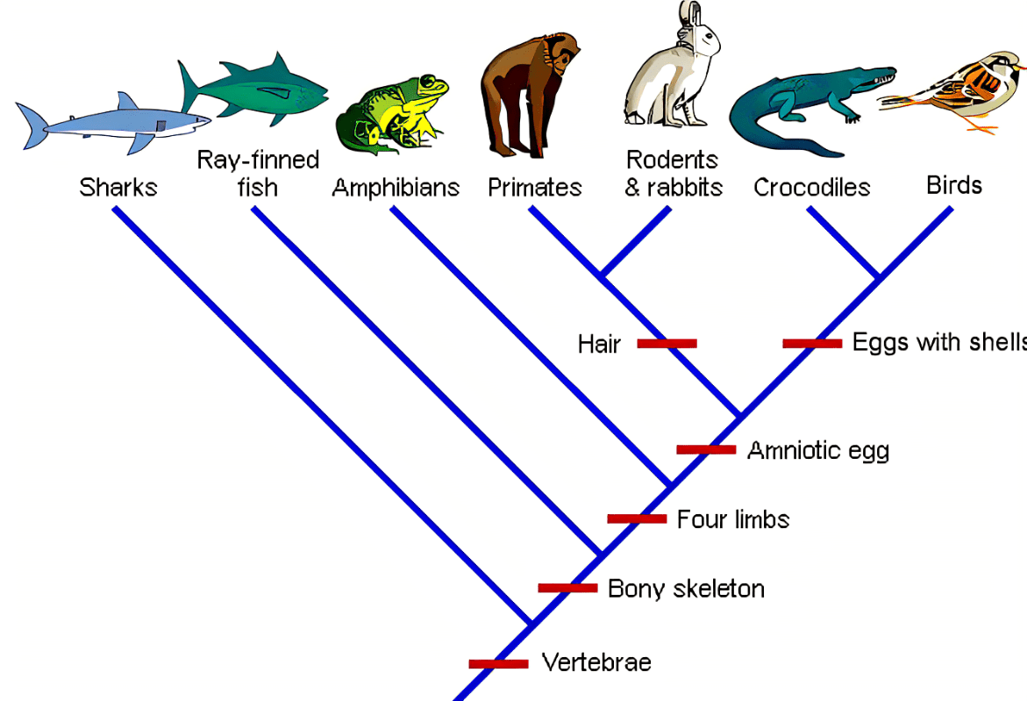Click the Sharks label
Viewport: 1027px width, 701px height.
tap(118, 188)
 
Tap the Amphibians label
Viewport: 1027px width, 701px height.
tap(396, 188)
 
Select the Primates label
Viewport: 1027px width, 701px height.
tap(534, 188)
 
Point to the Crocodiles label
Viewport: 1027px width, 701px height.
tap(811, 188)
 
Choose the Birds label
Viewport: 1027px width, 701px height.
tap(954, 185)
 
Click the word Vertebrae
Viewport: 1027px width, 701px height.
tap(596, 662)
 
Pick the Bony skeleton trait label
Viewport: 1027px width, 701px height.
tap(686, 589)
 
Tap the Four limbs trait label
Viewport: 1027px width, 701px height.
tap(733, 519)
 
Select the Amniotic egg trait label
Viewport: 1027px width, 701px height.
tap(818, 451)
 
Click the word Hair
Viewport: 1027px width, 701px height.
tap(599, 344)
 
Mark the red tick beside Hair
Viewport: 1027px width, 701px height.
tap(667, 343)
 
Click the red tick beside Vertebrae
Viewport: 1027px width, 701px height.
tap(498, 663)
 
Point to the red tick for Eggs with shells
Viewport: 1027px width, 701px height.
tap(812, 343)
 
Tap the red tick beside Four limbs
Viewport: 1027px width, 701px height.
tap(637, 519)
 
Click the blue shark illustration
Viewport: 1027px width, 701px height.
tap(112, 125)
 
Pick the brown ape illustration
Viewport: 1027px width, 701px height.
tap(528, 95)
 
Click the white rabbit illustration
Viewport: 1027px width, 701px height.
tap(670, 64)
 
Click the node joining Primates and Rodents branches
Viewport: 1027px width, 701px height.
tap(603, 275)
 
